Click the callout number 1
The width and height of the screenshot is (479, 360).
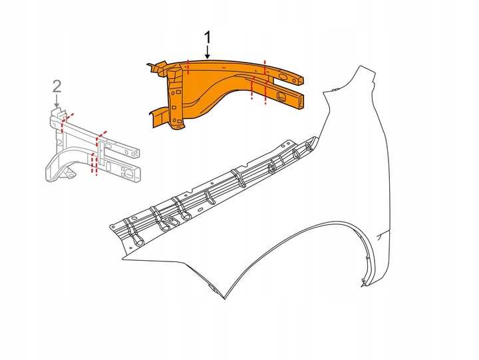(x=208, y=37)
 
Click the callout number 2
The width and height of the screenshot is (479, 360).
(x=57, y=85)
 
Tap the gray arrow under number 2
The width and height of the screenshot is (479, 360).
(x=57, y=101)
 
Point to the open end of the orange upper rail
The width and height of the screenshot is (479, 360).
(x=303, y=80)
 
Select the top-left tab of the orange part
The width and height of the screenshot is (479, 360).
(x=156, y=65)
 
